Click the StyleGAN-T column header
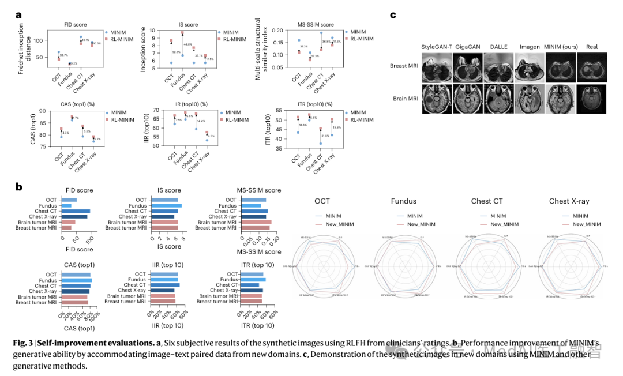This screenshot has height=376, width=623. pos(437,47)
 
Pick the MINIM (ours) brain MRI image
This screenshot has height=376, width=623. pos(560,98)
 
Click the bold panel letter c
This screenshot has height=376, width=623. pos(393,15)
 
